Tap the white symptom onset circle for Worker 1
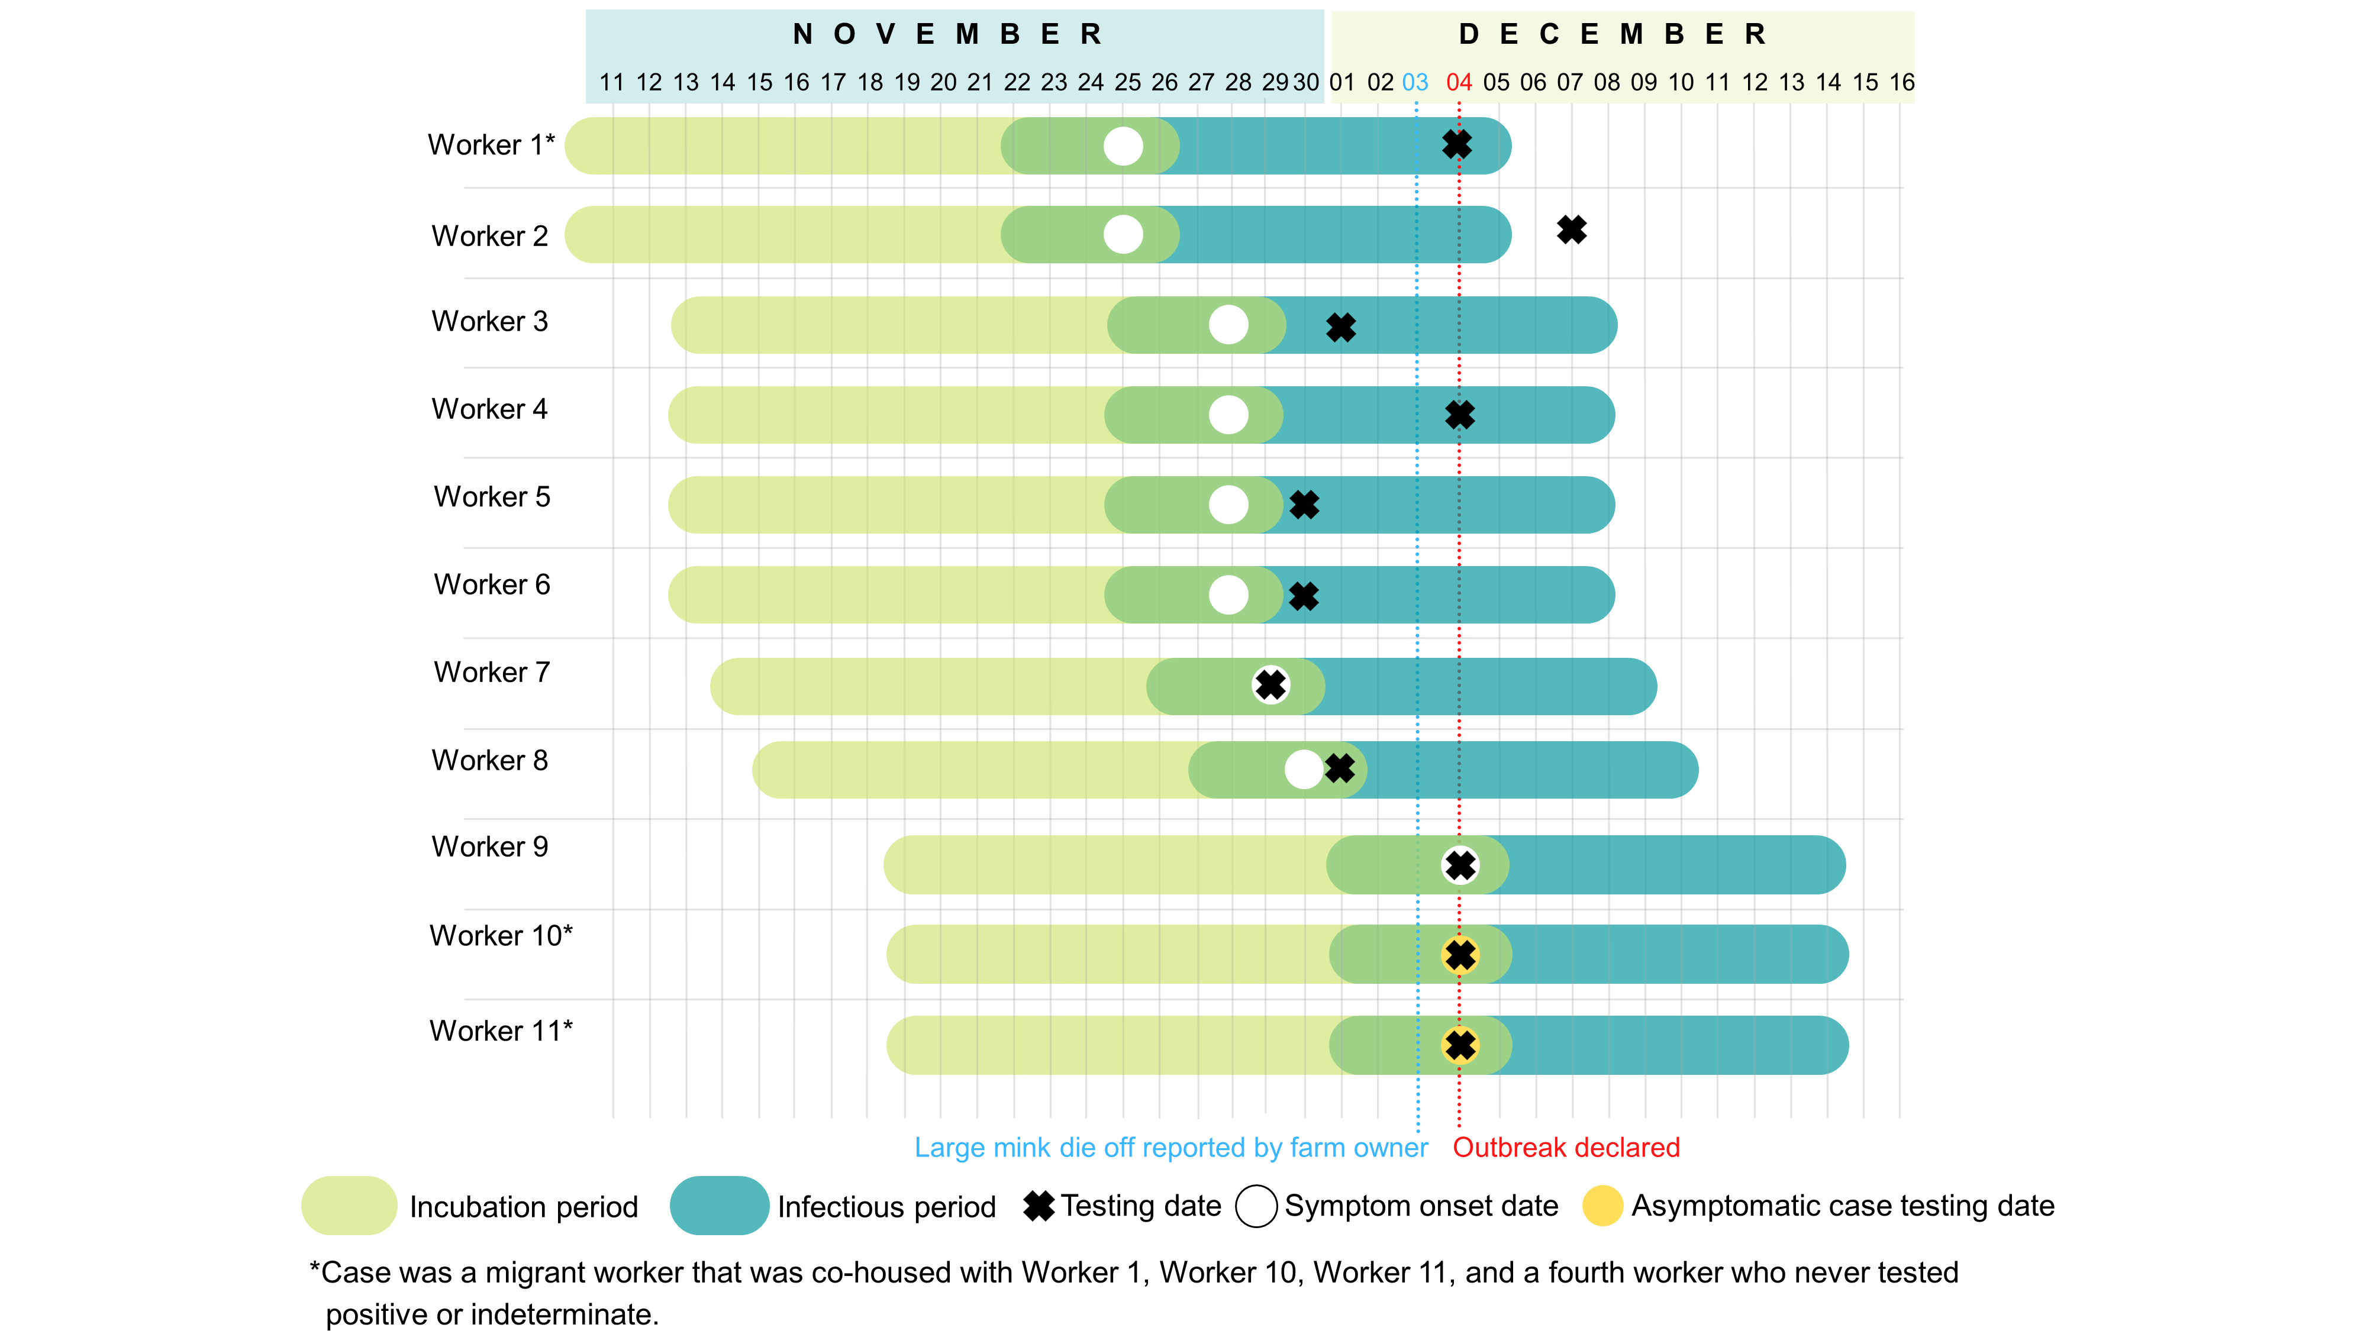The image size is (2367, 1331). point(1123,146)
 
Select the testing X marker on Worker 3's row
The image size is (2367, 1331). point(1341,327)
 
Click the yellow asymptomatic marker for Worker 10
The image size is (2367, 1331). point(1460,955)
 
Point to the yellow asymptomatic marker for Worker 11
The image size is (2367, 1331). point(1460,1045)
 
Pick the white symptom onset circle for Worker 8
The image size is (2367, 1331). point(1303,770)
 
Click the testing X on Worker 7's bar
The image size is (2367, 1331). point(1271,684)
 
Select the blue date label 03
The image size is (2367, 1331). point(1415,83)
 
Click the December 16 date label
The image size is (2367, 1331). point(1901,83)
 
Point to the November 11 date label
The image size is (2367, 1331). point(612,83)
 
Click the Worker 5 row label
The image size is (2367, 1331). point(492,497)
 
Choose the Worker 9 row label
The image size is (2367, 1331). point(490,847)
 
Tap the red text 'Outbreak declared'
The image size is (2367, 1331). point(1566,1147)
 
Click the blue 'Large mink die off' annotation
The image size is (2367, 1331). point(1170,1147)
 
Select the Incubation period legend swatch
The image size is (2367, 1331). point(349,1205)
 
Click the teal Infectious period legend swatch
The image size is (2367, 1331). point(718,1205)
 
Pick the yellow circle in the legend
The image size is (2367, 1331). point(1602,1205)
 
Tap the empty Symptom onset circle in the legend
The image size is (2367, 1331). point(1256,1205)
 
